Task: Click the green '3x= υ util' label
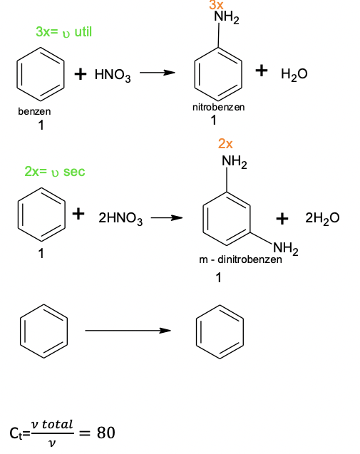point(63,31)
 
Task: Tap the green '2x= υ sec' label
point(55,171)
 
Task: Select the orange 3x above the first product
point(216,5)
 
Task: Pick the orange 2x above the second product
point(225,144)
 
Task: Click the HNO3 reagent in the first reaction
point(113,75)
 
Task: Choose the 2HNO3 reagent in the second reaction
point(120,218)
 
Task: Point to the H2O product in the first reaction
point(294,74)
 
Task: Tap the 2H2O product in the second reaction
point(322,218)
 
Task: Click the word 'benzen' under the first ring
point(34,111)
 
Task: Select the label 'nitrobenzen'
point(219,108)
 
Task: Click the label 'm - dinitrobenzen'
point(240,259)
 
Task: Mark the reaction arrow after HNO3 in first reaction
point(158,73)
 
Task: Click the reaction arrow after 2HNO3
point(167,217)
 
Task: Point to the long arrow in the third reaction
point(128,331)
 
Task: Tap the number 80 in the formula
point(106,433)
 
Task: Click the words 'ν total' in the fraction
point(52,425)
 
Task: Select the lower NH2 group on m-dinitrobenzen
point(286,249)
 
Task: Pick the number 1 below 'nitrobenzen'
point(214,120)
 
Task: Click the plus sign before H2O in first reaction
point(262,71)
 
